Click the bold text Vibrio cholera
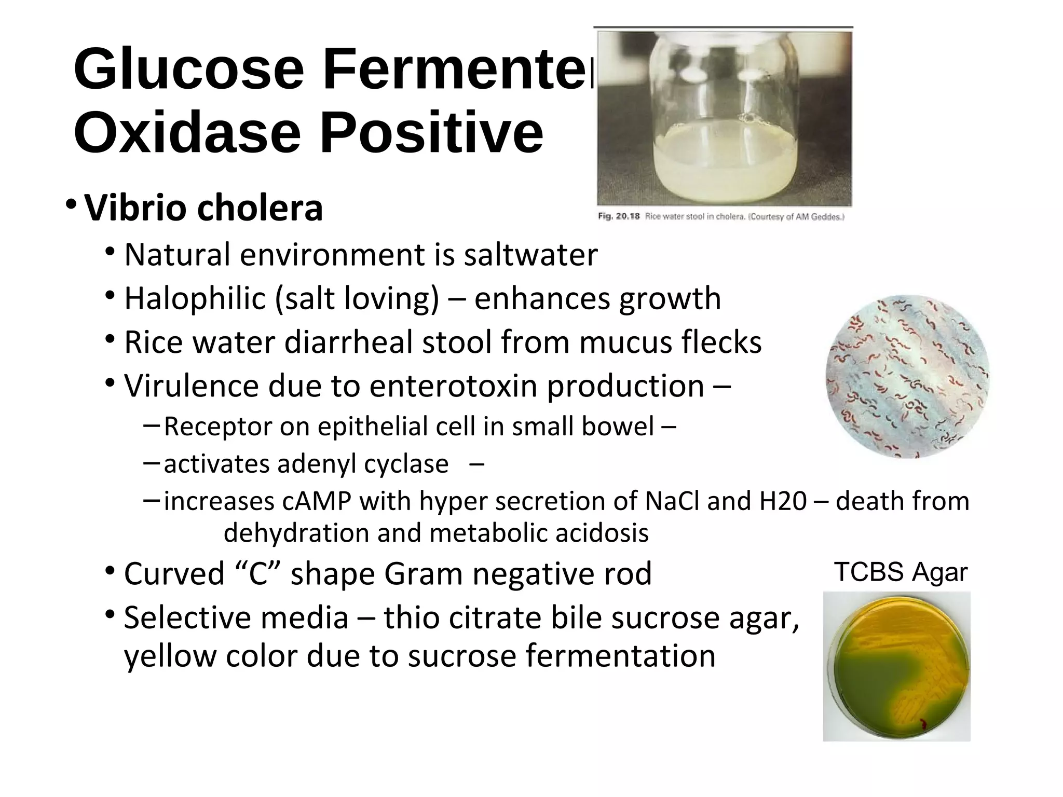pyautogui.click(x=203, y=208)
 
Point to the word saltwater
pyautogui.click(x=530, y=255)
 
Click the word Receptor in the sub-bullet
pyautogui.click(x=218, y=427)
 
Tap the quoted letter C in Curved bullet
pyautogui.click(x=258, y=574)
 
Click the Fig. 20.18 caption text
pyautogui.click(x=721, y=217)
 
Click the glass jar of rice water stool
pyautogui.click(x=724, y=119)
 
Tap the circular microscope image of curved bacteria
pyautogui.click(x=907, y=377)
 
